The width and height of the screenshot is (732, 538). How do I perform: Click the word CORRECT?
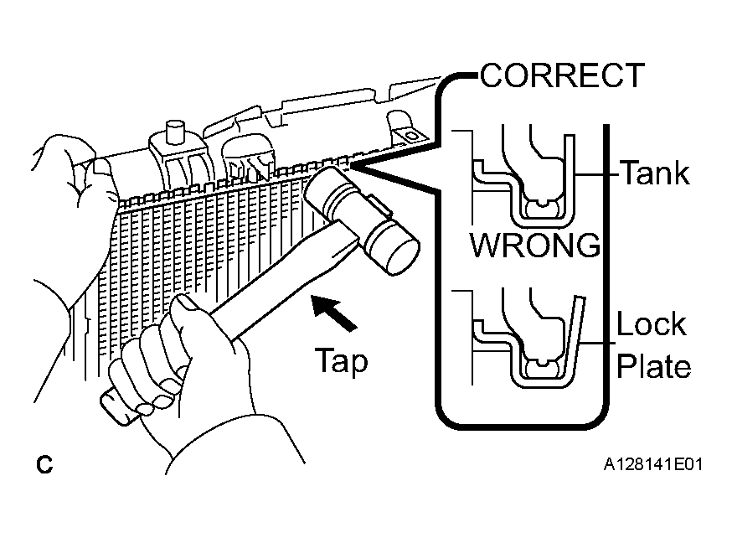(562, 75)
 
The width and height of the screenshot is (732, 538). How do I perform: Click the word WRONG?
(535, 245)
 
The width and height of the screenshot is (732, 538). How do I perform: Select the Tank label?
(654, 173)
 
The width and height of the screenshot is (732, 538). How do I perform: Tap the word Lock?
(652, 323)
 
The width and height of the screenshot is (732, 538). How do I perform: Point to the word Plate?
(653, 366)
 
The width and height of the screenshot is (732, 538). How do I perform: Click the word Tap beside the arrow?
(341, 361)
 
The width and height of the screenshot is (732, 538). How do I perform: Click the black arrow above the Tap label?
(333, 313)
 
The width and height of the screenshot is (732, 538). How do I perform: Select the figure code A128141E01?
(652, 465)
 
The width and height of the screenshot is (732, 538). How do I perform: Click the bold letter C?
(44, 465)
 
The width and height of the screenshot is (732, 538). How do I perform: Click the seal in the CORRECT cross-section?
(542, 208)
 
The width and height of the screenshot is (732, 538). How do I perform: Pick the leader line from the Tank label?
(596, 174)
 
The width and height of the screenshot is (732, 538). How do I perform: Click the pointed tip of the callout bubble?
(351, 165)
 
